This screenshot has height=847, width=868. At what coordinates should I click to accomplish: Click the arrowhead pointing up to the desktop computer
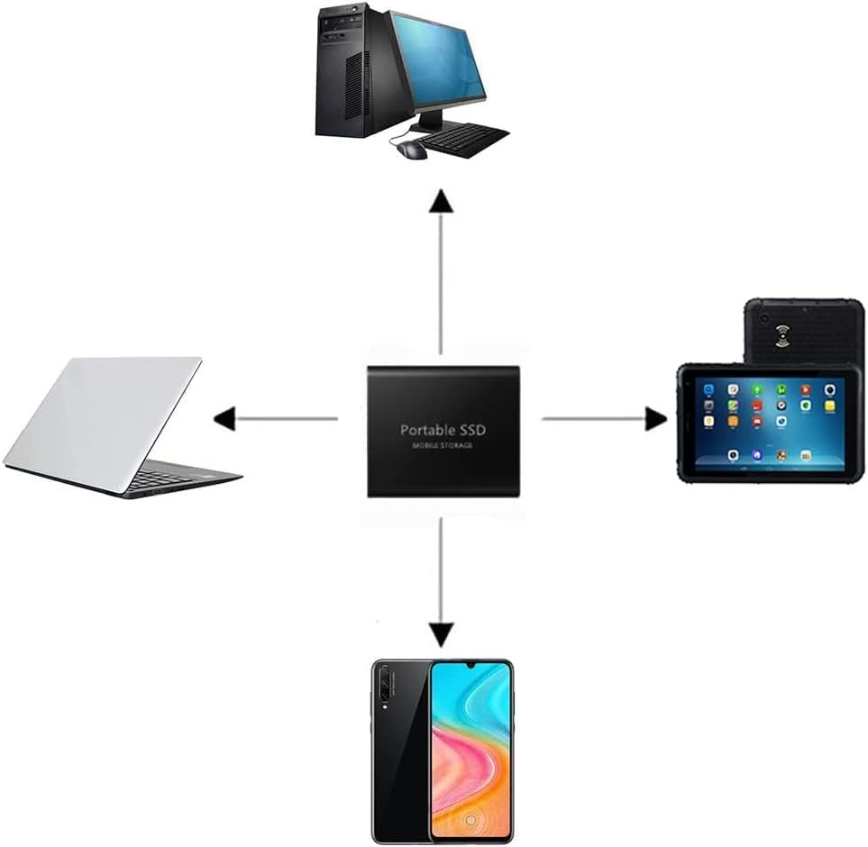point(441,201)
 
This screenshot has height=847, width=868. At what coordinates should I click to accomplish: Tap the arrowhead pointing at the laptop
point(224,418)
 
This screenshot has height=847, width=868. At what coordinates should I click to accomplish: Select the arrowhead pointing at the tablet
point(656,418)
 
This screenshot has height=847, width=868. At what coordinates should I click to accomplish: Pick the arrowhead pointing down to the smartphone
point(441,634)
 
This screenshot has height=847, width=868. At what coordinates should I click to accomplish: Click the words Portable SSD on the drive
point(443,430)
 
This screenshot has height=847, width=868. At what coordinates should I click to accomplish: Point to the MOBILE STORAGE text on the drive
point(443,445)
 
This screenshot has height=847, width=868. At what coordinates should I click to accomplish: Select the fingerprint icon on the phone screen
point(471,819)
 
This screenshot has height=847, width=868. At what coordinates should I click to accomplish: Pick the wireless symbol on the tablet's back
point(782,336)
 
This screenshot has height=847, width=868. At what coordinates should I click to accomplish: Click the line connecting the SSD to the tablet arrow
point(594,419)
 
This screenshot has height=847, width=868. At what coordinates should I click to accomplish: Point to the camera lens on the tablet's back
point(764,319)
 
